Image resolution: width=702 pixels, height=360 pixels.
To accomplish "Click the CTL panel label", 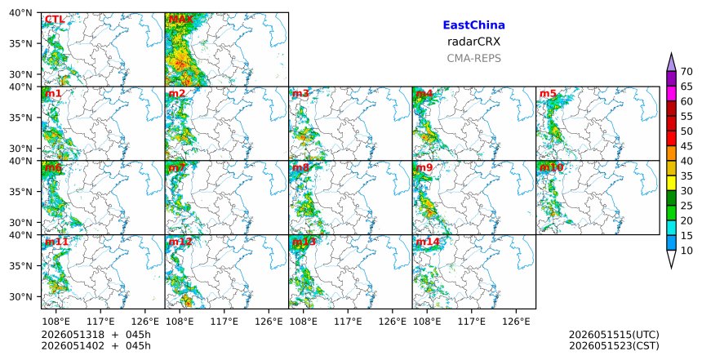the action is pos(55,20).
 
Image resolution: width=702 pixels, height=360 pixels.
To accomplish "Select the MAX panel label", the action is pos(181,20).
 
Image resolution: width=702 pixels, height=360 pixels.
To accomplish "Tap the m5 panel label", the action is pos(548,94).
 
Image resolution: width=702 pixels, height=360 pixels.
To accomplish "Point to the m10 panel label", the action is pos(552,168).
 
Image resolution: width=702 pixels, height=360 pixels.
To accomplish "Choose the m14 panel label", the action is pos(428,242).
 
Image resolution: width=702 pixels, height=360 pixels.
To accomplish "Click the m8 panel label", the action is pos(300,168).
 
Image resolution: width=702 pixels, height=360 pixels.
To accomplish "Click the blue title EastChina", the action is pos(473,25).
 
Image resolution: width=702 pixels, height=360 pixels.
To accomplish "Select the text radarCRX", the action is pos(473,42).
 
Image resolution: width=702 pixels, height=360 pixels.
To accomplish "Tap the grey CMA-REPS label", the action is pos(473,58).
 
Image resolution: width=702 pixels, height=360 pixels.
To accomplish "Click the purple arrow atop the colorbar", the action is pos(671,63).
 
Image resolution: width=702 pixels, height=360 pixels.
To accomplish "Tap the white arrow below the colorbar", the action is pos(671,258).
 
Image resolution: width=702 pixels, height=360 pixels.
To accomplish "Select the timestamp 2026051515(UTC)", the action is pos(614,335).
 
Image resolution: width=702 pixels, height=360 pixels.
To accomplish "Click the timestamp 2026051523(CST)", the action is pos(614,346).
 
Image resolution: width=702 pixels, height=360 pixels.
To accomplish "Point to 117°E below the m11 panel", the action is pos(100,322).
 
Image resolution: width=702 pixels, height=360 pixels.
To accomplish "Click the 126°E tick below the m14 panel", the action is pos(516,322).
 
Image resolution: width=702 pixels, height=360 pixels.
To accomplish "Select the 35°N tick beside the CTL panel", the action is pos(20,43).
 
